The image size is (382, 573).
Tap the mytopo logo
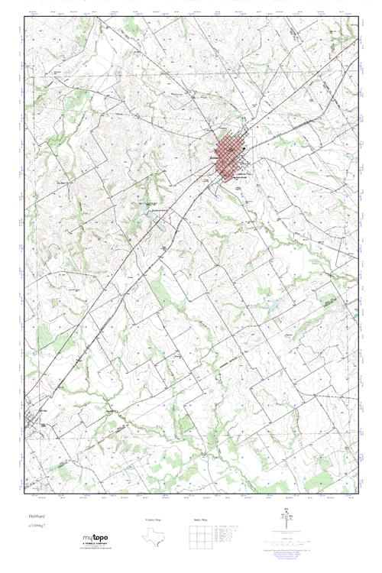95,539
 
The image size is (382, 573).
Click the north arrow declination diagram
287,520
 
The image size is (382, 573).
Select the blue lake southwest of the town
141,205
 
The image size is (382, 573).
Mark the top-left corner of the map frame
24,17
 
